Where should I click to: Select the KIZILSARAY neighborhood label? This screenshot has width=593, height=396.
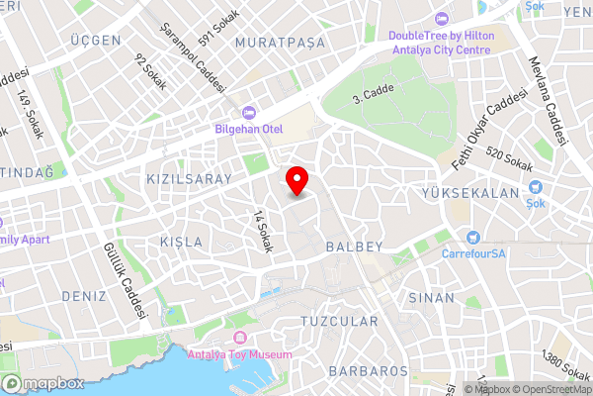189,179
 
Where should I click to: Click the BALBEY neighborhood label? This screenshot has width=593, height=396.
353,245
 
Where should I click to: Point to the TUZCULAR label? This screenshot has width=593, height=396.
339,322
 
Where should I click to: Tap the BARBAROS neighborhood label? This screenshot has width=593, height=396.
370,371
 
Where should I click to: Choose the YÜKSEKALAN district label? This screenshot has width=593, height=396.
469,193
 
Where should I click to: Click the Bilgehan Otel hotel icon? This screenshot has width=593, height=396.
248,112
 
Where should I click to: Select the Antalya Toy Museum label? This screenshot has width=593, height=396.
240,354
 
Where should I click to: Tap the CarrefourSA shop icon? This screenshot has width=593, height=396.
472,237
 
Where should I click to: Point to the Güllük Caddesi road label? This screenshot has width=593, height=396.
124,280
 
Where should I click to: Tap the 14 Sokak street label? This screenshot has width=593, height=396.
261,231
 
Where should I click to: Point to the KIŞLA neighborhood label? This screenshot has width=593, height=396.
181,243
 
